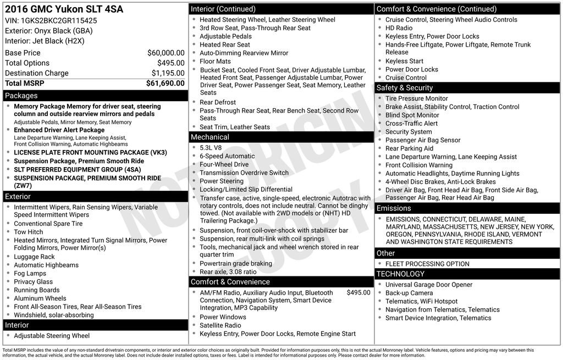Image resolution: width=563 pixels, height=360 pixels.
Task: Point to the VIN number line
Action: point(51,20)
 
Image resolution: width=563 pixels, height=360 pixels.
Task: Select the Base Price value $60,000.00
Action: point(165,53)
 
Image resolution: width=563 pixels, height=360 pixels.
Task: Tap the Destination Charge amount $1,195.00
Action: point(168,73)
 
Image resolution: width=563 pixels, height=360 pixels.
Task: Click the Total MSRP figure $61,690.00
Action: point(165,84)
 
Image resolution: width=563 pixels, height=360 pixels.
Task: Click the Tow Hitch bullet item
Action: point(29,232)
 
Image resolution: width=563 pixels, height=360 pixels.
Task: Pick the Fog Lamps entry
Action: point(30,274)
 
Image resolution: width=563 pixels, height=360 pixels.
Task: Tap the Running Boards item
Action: point(36,290)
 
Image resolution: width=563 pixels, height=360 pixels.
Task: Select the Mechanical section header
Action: point(210,137)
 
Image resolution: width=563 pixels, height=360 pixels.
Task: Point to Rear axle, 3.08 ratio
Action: point(228,272)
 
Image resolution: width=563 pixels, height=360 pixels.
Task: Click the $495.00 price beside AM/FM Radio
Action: point(358,293)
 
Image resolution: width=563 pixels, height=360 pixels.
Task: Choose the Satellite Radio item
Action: point(220,325)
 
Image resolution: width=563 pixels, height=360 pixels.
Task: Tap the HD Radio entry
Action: point(399,28)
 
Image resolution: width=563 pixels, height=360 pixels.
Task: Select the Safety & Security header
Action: point(405,88)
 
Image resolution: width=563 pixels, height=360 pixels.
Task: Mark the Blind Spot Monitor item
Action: point(412,115)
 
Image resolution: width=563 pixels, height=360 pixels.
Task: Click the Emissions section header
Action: point(394,208)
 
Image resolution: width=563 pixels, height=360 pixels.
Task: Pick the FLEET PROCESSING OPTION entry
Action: point(427,264)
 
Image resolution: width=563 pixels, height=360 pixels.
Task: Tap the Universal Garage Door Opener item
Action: point(428,285)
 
